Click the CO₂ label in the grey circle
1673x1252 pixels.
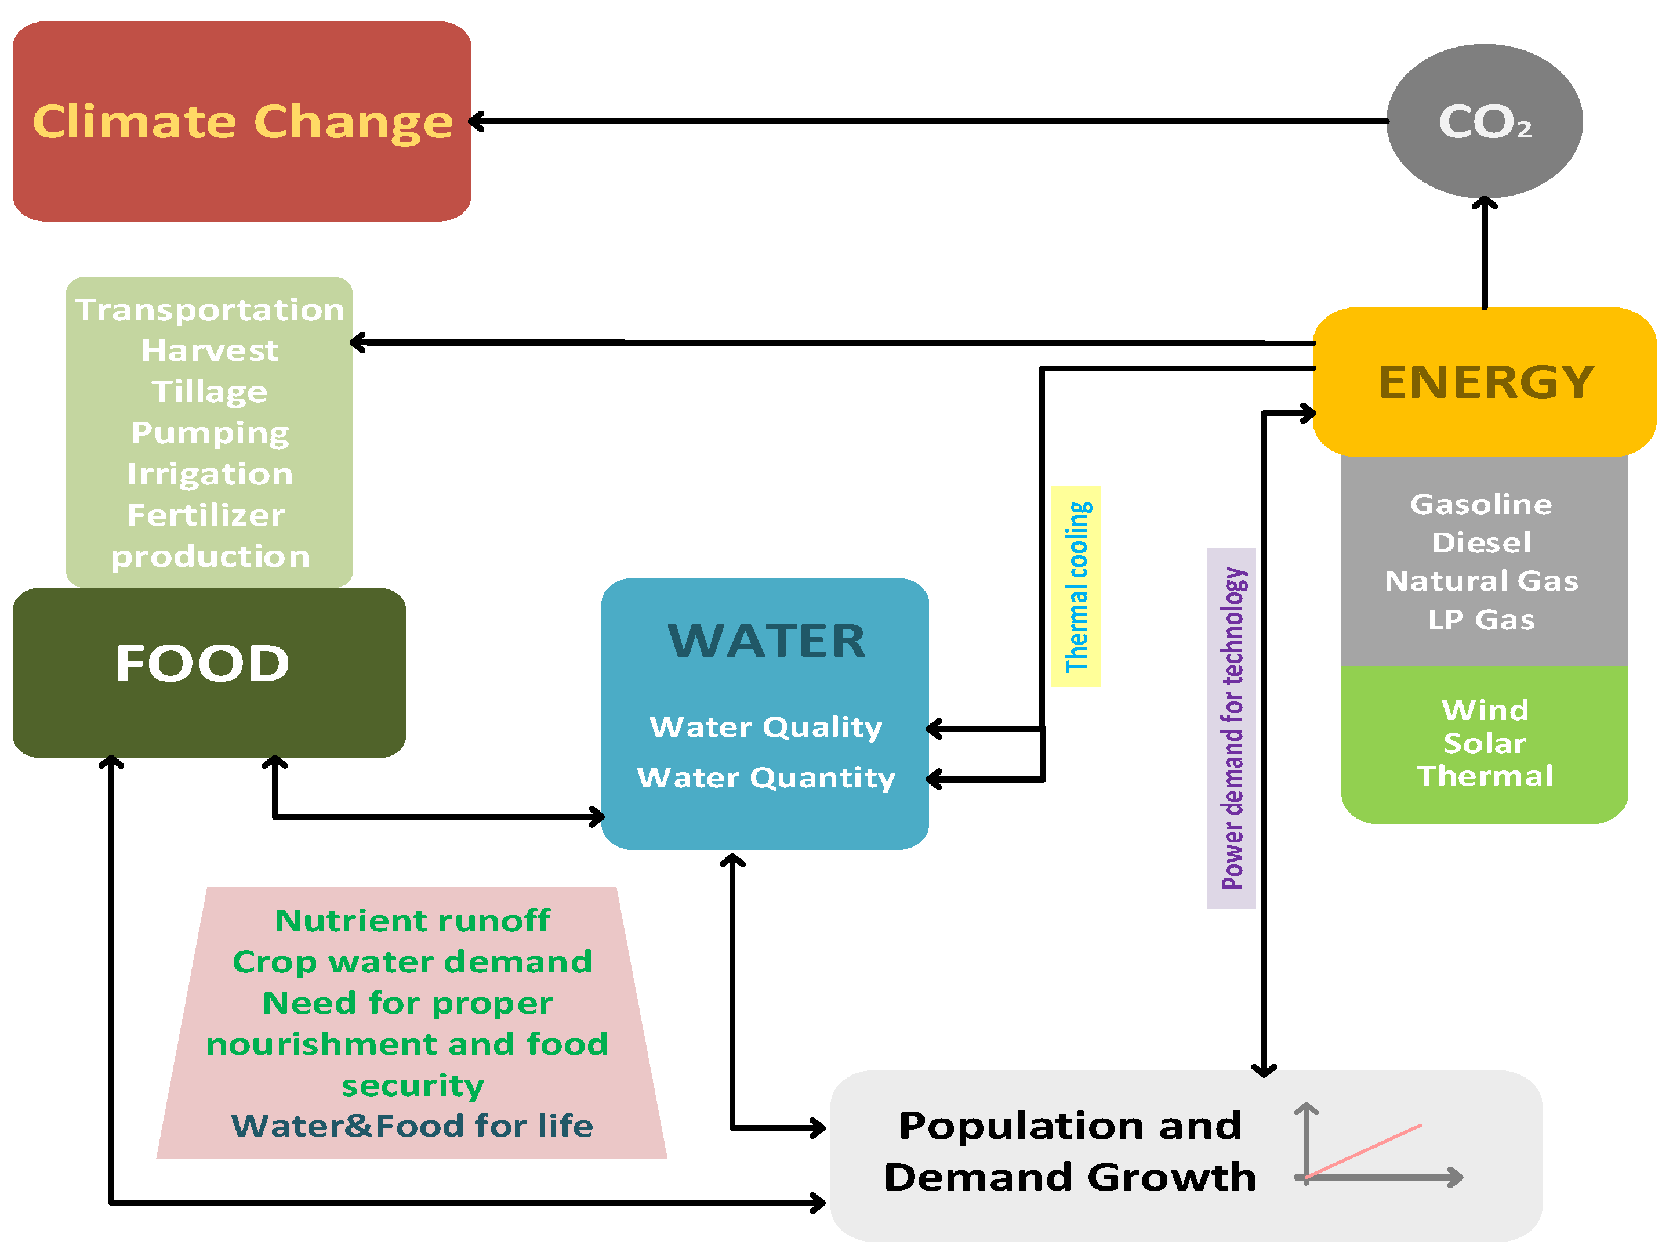click(x=1484, y=122)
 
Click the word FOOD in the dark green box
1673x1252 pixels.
click(x=203, y=664)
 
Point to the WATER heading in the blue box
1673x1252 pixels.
click(x=766, y=641)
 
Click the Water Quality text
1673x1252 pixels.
click(x=765, y=727)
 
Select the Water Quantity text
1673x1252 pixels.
click(x=765, y=777)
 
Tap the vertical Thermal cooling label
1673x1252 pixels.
click(x=1076, y=587)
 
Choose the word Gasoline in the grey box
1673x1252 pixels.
click(x=1481, y=504)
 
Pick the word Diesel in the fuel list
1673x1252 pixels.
click(x=1481, y=542)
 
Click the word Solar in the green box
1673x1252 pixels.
click(x=1484, y=743)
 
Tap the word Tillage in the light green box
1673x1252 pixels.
click(x=209, y=392)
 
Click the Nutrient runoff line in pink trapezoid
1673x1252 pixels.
click(x=412, y=921)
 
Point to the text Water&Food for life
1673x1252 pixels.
click(x=412, y=1126)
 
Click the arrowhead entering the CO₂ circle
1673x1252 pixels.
click(x=1484, y=202)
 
